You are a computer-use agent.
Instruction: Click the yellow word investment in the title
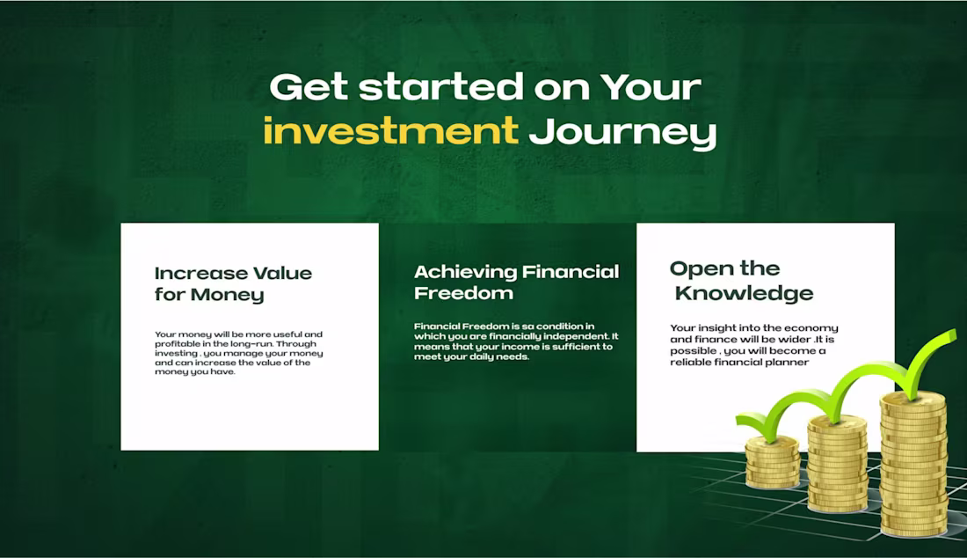point(390,132)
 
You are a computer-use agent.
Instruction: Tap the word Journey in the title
point(622,132)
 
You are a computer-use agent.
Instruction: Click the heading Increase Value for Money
point(233,283)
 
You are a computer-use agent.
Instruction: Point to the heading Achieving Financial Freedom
point(516,282)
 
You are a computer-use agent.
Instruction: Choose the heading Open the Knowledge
point(741,281)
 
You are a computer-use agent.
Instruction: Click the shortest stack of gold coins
point(772,462)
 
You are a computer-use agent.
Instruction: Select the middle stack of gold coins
point(836,462)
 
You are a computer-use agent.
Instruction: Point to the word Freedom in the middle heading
point(463,293)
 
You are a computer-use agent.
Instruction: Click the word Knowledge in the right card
point(744,293)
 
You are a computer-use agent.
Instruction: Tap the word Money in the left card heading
point(228,295)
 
